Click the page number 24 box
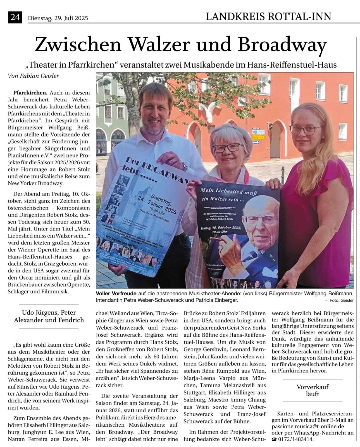pyautogui.click(x=15, y=18)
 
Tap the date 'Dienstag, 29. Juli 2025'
pyautogui.click(x=58, y=18)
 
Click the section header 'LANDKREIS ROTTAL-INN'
pyautogui.click(x=268, y=17)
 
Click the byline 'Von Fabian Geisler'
pyautogui.click(x=33, y=76)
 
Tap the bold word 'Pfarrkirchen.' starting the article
pyautogui.click(x=30, y=92)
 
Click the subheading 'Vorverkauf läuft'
pyautogui.click(x=312, y=390)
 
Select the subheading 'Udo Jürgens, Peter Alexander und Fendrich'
pyautogui.click(x=49, y=316)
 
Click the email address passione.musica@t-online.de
pyautogui.click(x=307, y=427)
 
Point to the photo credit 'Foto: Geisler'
pyautogui.click(x=341, y=300)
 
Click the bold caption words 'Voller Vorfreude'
pyautogui.click(x=116, y=293)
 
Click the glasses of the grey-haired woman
pyautogui.click(x=227, y=148)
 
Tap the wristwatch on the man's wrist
pyautogui.click(x=185, y=167)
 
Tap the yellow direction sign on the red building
pyautogui.click(x=258, y=137)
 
